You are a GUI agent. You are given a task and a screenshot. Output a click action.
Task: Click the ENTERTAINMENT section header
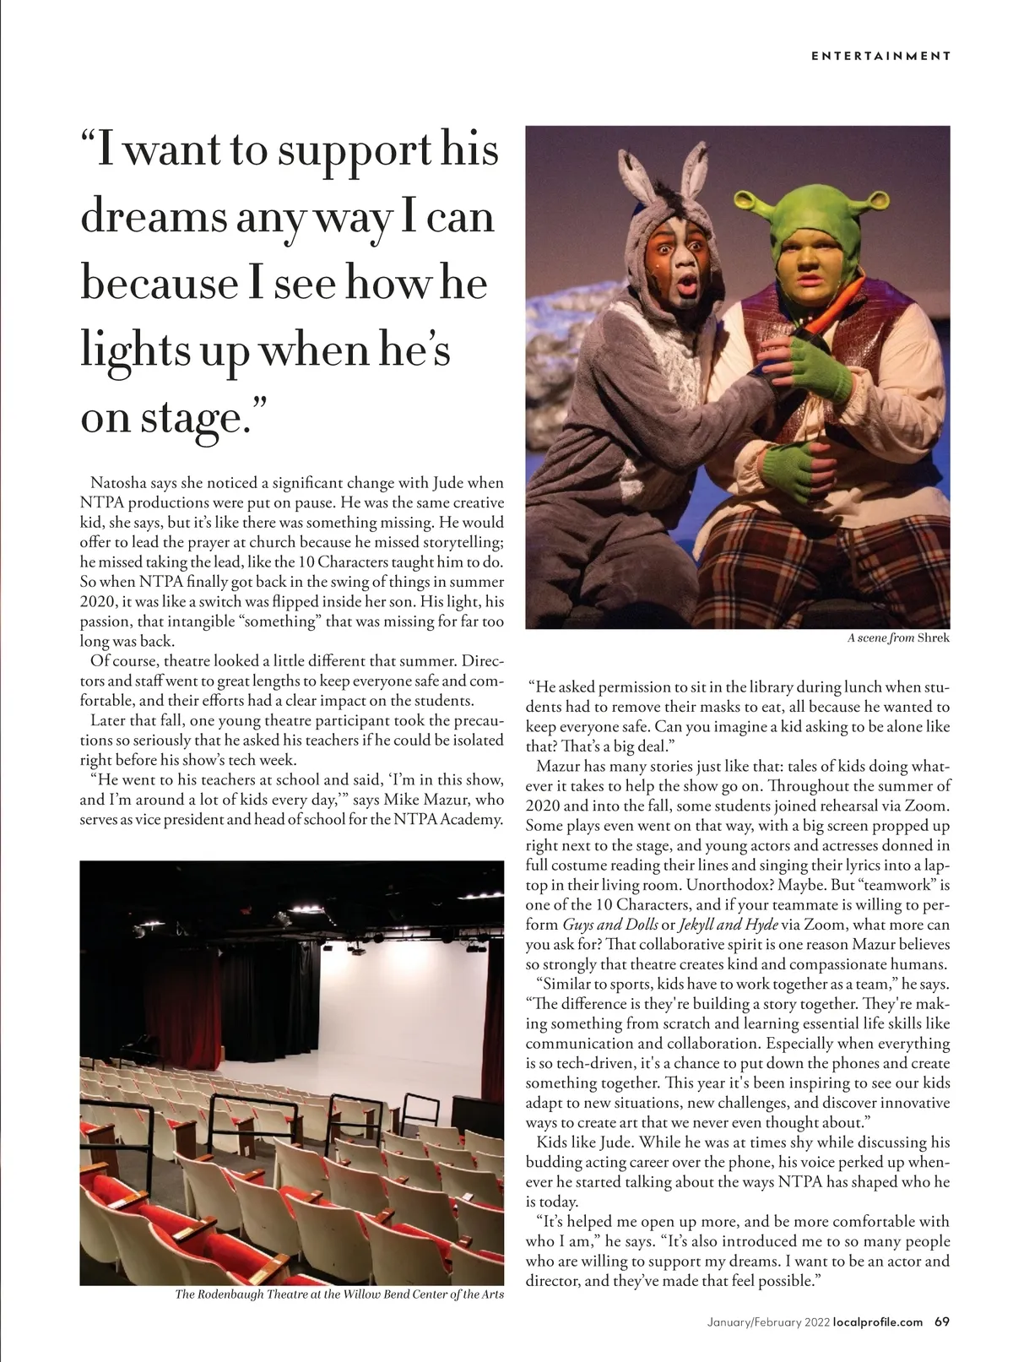point(880,57)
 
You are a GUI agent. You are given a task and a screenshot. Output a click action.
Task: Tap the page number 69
point(942,1322)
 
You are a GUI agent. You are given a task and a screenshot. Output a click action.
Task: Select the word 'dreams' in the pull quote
point(153,217)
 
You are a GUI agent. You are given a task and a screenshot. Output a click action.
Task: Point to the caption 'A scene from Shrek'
point(898,638)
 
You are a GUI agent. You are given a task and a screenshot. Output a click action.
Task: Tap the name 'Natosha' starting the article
point(119,484)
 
